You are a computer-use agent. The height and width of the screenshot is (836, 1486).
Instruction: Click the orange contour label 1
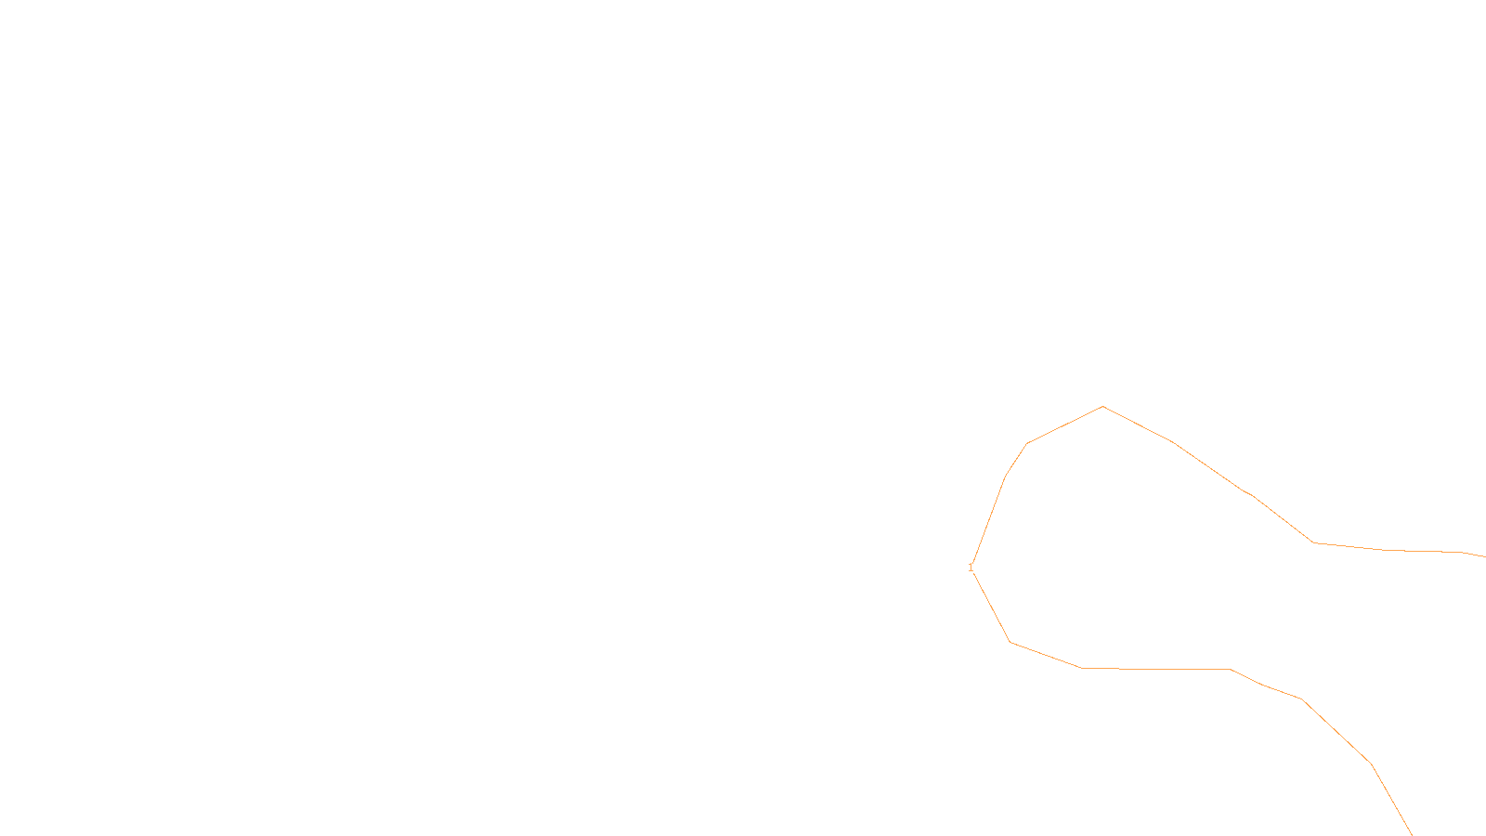(971, 568)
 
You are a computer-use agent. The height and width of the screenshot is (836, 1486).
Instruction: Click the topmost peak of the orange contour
(1102, 406)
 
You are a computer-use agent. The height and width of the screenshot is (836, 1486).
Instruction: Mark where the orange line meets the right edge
(1484, 555)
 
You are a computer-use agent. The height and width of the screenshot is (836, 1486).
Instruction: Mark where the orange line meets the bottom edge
(1412, 834)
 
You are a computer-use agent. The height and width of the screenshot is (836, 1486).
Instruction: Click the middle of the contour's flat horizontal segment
(1156, 669)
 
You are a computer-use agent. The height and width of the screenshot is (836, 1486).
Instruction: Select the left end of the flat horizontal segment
(1083, 668)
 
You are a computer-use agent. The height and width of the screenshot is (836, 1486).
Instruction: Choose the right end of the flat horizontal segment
(1230, 669)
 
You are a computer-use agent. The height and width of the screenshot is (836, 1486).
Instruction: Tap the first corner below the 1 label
(1010, 642)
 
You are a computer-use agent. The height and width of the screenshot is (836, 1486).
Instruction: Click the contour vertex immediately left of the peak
(1027, 443)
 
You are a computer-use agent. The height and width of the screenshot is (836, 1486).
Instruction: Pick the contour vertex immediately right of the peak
(1174, 442)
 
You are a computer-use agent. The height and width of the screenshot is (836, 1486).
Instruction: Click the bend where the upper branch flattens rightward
(1313, 542)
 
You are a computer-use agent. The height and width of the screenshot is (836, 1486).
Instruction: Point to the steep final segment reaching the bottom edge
(1391, 800)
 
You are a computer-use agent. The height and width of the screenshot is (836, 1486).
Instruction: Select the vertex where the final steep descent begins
(1371, 764)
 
